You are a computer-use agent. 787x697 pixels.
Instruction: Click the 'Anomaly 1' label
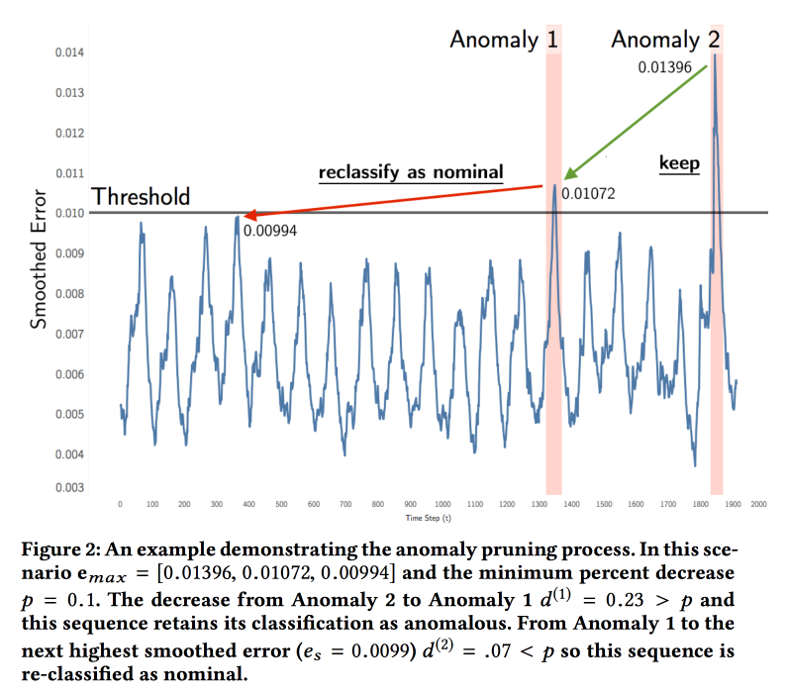click(x=504, y=41)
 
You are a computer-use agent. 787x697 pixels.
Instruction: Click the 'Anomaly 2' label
click(x=665, y=41)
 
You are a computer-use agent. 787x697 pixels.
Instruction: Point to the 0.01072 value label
click(x=588, y=194)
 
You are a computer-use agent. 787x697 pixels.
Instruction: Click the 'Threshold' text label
click(x=141, y=197)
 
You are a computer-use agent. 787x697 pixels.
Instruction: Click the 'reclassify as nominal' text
click(x=410, y=173)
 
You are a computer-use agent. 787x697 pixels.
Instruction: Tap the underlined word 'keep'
click(x=679, y=163)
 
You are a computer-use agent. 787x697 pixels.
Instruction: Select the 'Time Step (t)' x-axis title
click(x=428, y=518)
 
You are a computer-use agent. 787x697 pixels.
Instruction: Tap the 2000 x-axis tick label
click(x=759, y=504)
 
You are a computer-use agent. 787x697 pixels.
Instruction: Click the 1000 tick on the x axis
click(x=443, y=504)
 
